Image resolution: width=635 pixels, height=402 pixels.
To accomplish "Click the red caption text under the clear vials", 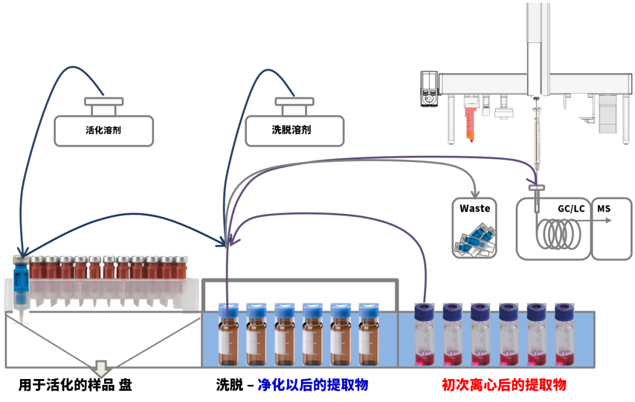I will [x=504, y=385].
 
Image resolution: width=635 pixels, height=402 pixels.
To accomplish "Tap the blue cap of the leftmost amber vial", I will [x=227, y=310].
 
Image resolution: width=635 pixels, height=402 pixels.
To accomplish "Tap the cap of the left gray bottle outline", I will [x=103, y=102].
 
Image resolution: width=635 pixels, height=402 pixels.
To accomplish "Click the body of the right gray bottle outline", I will [x=295, y=130].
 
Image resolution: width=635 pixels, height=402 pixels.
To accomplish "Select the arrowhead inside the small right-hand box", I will [x=609, y=220].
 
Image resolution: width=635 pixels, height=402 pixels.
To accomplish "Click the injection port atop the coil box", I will [x=536, y=188].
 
